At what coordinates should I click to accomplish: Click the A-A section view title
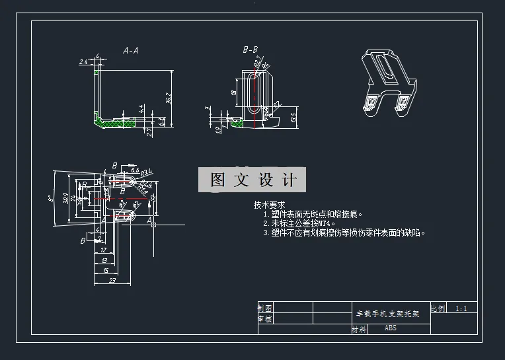130,50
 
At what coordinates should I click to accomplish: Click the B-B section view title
251,50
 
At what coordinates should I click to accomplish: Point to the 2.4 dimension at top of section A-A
83,61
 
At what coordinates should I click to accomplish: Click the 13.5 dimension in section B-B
293,117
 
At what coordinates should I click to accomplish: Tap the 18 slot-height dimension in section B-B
234,93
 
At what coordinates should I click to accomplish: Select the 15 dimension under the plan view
106,271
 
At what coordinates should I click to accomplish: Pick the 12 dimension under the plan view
103,250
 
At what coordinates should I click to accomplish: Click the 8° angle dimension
51,198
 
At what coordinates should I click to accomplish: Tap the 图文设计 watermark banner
253,180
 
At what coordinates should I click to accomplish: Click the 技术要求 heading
269,205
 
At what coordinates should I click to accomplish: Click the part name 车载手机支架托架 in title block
388,314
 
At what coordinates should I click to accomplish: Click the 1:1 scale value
461,308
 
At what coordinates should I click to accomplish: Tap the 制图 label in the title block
264,308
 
